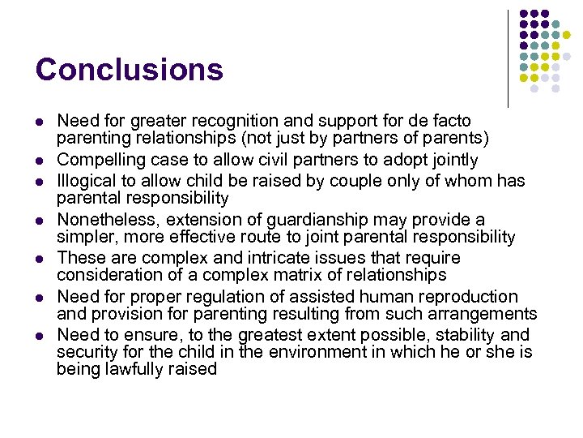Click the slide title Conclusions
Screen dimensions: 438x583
click(x=129, y=70)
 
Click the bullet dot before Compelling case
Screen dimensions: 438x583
click(x=40, y=161)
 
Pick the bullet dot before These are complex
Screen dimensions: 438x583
click(x=40, y=259)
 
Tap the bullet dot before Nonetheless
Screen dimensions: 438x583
click(x=40, y=220)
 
